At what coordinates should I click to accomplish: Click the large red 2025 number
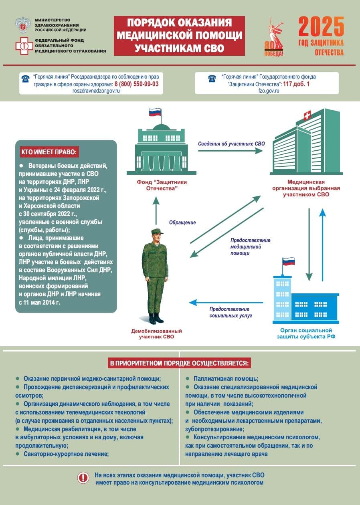pyautogui.click(x=321, y=28)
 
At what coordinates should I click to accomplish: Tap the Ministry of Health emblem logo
pyautogui.click(x=23, y=25)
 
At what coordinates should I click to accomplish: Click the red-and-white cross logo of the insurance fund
pyautogui.click(x=24, y=46)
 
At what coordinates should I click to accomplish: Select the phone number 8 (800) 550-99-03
pyautogui.click(x=136, y=84)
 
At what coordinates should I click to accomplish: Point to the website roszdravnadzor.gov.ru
pyautogui.click(x=96, y=91)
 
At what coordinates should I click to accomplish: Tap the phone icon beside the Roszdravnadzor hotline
pyautogui.click(x=25, y=79)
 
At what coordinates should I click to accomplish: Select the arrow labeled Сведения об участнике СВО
pyautogui.click(x=231, y=151)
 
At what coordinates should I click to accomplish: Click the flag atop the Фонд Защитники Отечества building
pyautogui.click(x=155, y=112)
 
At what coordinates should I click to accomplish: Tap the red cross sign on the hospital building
pyautogui.click(x=307, y=116)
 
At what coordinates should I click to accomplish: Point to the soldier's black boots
pyautogui.click(x=156, y=319)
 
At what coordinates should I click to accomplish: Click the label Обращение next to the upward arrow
pyautogui.click(x=182, y=222)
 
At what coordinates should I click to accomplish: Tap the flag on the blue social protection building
pyautogui.click(x=289, y=262)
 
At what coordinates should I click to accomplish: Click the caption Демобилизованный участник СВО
pyautogui.click(x=157, y=334)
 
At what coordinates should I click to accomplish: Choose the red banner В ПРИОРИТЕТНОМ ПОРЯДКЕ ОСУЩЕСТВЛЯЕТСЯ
pyautogui.click(x=180, y=364)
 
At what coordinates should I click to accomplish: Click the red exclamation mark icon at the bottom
pyautogui.click(x=83, y=478)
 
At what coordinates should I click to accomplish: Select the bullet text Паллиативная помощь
pyautogui.click(x=225, y=379)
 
